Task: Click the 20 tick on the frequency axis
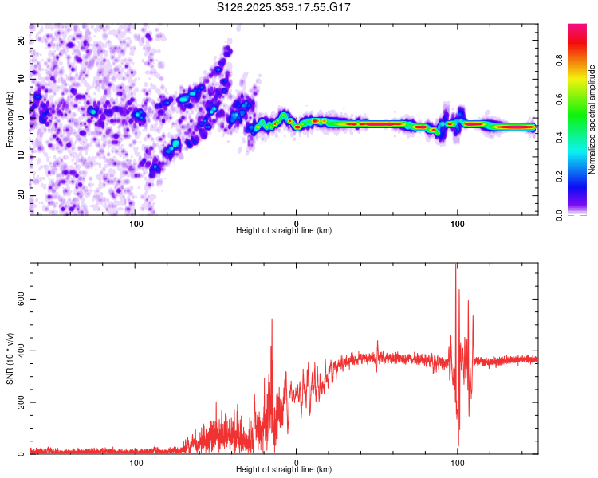tap(22, 40)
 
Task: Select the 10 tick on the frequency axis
tap(22, 79)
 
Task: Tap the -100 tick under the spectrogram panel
tap(135, 222)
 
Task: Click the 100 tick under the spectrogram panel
tap(458, 222)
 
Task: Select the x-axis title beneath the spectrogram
tap(284, 231)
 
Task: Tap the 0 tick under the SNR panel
tap(297, 461)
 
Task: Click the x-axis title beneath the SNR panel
tap(284, 470)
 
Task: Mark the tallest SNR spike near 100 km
tap(456, 266)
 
